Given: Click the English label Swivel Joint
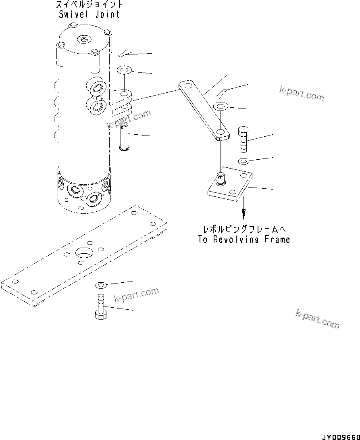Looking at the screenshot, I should (89, 15).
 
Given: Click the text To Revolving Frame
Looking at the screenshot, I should (244, 239).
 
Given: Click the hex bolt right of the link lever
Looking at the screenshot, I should (244, 140).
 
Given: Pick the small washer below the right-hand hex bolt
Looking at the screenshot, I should (243, 162).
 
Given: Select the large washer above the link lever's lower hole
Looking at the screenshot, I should (221, 107).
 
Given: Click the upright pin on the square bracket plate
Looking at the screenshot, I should (221, 178).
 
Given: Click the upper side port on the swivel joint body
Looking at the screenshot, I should (97, 88).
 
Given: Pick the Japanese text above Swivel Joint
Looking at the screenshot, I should (89, 5).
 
